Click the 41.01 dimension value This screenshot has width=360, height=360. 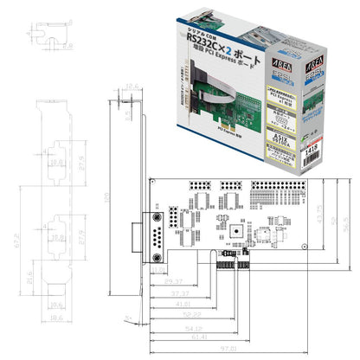click(x=180, y=304)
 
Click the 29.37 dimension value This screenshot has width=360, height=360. click(x=172, y=282)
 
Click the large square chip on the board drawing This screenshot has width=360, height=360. click(x=232, y=227)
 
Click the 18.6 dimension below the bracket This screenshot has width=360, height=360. click(x=57, y=319)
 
